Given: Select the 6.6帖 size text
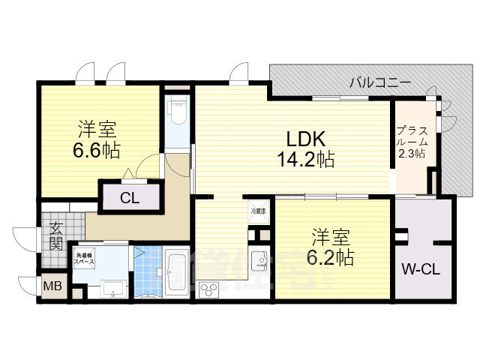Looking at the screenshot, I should click(96, 149).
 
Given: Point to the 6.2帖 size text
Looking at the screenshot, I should click(330, 258).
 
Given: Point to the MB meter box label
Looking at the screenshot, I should click(52, 286).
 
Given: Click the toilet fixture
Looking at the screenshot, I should click(177, 113).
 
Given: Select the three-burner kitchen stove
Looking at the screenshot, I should click(207, 289).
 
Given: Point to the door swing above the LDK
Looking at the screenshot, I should click(240, 72).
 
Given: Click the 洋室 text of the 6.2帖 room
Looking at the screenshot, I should click(330, 238).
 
